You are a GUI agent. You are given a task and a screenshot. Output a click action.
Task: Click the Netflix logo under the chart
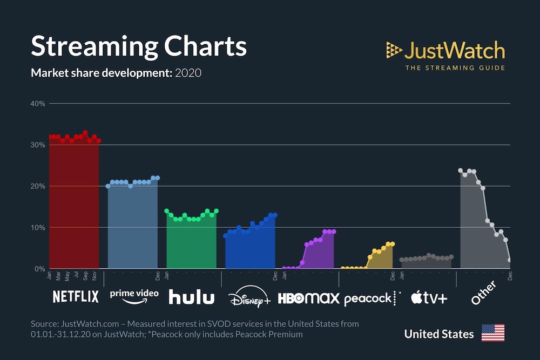[x=76, y=296]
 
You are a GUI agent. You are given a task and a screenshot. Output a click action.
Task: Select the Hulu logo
[x=191, y=297]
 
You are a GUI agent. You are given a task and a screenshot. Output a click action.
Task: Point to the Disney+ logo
[x=249, y=297]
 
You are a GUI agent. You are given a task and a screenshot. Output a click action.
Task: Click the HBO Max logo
[x=308, y=298]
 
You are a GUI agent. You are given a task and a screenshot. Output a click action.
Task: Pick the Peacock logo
[x=368, y=298]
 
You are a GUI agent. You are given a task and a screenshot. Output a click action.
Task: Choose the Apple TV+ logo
[x=429, y=297]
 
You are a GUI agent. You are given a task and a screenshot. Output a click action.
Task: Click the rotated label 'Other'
[x=483, y=293]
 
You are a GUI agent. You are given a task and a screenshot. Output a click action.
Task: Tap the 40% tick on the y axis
[x=38, y=104]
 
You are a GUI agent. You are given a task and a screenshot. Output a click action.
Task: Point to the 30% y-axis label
[x=38, y=145]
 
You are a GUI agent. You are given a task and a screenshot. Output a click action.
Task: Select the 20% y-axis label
[x=38, y=186]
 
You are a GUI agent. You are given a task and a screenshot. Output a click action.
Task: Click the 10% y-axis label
[x=38, y=227]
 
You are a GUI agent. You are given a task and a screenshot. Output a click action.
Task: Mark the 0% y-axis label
[x=39, y=269]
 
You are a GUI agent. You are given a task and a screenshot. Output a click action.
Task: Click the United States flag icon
[x=492, y=333]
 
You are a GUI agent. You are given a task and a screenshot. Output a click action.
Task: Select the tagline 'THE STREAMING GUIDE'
[x=455, y=68]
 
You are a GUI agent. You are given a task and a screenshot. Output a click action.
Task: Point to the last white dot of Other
[x=510, y=260]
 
